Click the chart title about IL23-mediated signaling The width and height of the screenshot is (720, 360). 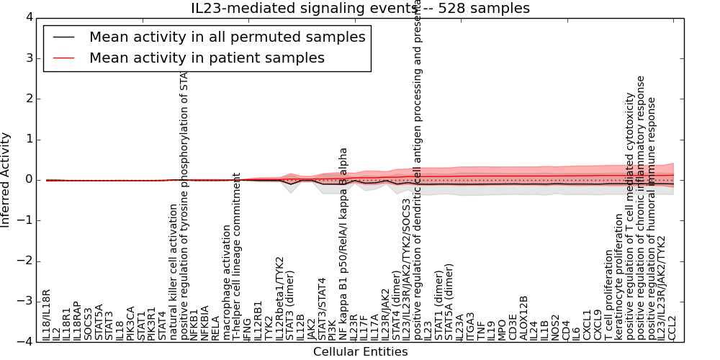coord(360,9)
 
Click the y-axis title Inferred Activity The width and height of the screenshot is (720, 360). coord(6,180)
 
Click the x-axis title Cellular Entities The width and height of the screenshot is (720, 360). coord(360,352)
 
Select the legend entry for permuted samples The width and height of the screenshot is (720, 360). coord(227,37)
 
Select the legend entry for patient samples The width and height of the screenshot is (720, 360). coord(207,58)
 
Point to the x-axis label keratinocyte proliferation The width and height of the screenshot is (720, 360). coord(618,276)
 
